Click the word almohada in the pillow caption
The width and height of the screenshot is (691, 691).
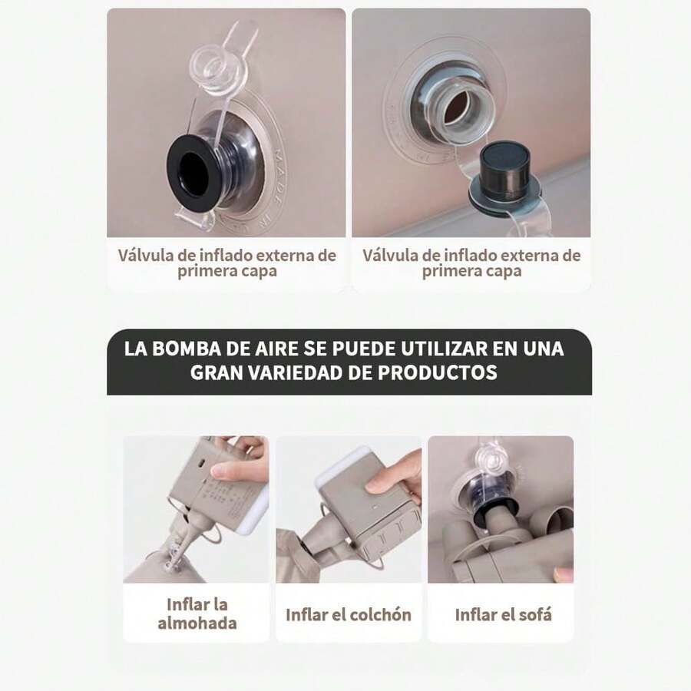coord(197,623)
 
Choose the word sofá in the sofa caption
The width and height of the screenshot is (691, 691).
coord(534,615)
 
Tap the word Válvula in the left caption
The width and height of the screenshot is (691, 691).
coord(145,255)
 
